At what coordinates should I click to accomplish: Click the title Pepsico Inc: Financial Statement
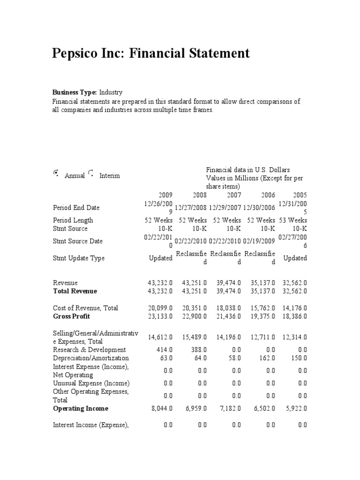point(150,53)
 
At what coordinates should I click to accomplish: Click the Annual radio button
point(56,173)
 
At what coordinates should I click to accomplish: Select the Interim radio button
point(90,173)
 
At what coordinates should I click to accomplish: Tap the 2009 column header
point(165,195)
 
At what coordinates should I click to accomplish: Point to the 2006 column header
point(268,195)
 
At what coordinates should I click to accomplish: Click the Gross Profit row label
point(71,316)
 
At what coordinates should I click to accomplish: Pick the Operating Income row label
point(81,408)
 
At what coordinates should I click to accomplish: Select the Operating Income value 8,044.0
point(162,408)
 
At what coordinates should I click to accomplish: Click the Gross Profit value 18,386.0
point(294,316)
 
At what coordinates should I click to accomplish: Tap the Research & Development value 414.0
point(165,350)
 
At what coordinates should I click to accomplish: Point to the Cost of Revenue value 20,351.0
point(193,308)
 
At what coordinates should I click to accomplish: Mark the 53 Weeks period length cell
point(293,220)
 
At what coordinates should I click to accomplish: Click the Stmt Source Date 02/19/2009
point(259,241)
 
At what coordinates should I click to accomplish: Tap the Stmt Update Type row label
point(79,258)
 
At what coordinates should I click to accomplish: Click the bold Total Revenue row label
point(75,291)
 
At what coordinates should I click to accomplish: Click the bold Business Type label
point(74,93)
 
